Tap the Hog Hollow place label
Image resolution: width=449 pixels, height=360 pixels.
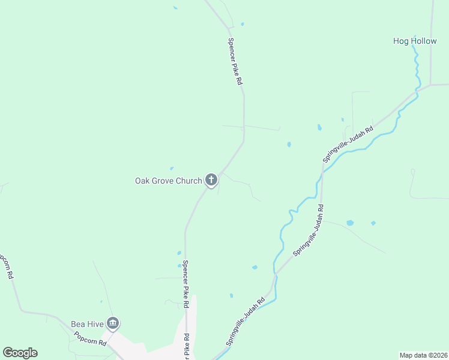point(415,41)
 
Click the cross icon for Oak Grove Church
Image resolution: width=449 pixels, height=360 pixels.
point(211,179)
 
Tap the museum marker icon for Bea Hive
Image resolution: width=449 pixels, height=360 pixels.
point(112,324)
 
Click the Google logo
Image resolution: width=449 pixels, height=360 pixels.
point(20,353)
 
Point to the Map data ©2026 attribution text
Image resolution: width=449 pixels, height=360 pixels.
point(424,355)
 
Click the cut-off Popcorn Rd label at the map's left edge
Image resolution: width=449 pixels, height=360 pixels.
point(5,268)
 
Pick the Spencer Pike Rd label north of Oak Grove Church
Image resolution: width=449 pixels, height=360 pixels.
point(235,61)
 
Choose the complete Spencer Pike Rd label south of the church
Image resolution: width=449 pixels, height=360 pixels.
point(186,284)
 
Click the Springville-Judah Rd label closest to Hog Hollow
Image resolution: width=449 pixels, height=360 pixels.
point(348,144)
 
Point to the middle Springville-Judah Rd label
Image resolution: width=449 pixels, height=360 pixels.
point(309,231)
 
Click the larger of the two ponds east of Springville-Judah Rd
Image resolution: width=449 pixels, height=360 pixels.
point(350,223)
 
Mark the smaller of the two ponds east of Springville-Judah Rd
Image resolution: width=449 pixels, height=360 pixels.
point(373,223)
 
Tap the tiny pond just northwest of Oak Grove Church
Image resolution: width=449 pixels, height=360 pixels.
point(172,169)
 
